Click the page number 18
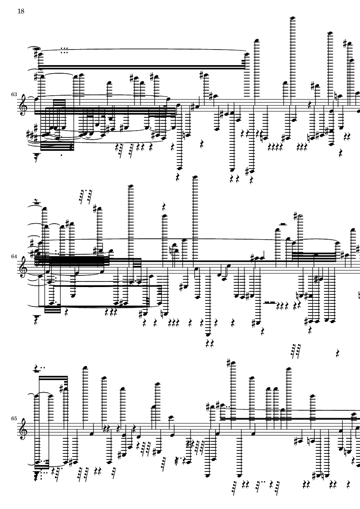pyautogui.click(x=21, y=11)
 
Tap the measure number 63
pyautogui.click(x=14, y=94)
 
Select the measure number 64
pyautogui.click(x=14, y=256)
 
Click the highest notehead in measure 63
pyautogui.click(x=292, y=18)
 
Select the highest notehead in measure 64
pyautogui.click(x=195, y=177)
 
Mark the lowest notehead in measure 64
pyautogui.click(x=208, y=334)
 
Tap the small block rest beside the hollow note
pyautogui.click(x=283, y=224)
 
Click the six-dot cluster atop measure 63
pyautogui.click(x=64, y=50)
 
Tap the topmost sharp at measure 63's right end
pyautogui.click(x=345, y=43)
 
